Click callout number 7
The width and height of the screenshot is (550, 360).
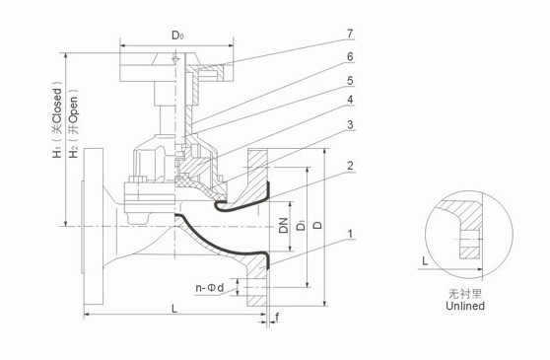coord(350,34)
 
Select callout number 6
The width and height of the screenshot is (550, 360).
coord(350,56)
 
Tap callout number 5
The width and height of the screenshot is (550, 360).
coord(350,81)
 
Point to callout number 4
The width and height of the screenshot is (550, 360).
coord(350,100)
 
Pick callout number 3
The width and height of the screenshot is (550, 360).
coord(350,125)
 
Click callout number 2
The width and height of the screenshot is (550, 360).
coord(350,166)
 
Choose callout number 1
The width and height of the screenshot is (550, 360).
coord(350,234)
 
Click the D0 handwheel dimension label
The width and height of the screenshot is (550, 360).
coord(177,36)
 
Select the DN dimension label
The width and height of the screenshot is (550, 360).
coord(284,225)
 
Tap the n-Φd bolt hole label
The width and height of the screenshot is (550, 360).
coord(209,288)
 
